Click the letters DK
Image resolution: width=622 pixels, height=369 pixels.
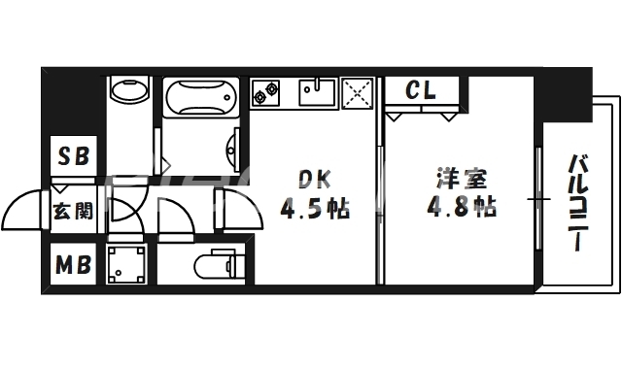coord(313,179)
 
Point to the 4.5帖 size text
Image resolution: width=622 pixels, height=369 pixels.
coord(315,208)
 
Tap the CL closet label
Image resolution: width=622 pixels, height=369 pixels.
coord(420,90)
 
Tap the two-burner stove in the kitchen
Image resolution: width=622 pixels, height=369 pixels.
coord(266,93)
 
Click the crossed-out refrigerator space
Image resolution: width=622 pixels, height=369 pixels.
coord(357,94)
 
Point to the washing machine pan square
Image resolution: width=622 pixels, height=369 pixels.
coord(128,265)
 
